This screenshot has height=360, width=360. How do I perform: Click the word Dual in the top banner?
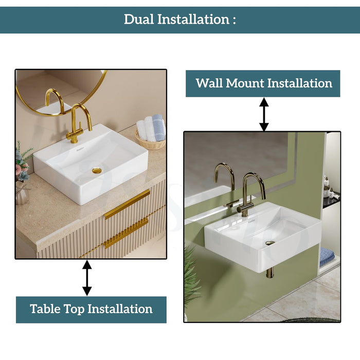tap(139, 20)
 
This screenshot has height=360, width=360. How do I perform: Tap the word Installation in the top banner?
tap(193, 20)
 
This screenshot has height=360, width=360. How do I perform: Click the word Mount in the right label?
tap(245, 83)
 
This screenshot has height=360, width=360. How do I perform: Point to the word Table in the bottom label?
tap(45, 309)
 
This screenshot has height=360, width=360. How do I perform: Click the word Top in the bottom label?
tap(74, 309)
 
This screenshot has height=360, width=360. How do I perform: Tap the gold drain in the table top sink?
tap(97, 171)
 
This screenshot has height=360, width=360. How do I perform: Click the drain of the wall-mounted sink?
tap(270, 243)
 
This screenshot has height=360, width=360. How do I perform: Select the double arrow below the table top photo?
tap(87, 278)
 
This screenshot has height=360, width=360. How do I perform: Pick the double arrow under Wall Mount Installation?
tap(264, 114)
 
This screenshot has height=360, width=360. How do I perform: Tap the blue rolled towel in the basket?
tap(158, 128)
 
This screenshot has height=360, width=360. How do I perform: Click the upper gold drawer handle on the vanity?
tap(127, 204)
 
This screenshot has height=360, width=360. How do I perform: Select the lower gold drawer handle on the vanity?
tap(127, 233)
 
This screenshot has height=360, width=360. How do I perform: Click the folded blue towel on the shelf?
tap(327, 257)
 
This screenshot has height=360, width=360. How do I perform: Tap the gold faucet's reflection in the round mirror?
tap(55, 101)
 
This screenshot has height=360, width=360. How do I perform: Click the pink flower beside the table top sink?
tap(19, 169)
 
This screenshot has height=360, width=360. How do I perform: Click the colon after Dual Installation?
tap(234, 20)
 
